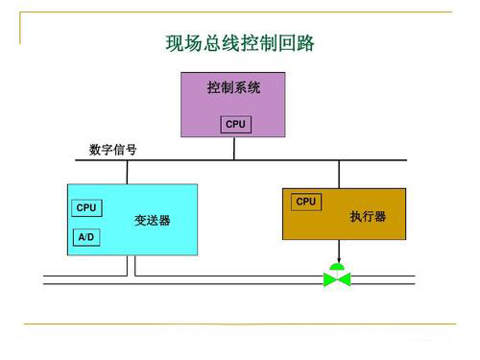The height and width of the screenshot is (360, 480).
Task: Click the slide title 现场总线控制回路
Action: pos(240,44)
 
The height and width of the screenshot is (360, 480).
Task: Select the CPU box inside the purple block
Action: pos(235,125)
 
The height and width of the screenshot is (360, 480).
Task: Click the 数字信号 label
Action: pos(112,150)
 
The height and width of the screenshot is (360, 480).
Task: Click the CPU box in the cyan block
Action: pos(86,207)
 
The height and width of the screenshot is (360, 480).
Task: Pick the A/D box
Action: pos(86,235)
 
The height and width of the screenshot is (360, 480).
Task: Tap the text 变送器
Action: pos(152,221)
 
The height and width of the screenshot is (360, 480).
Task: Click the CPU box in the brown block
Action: pos(306,202)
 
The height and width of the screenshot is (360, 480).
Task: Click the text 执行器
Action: pos(368,217)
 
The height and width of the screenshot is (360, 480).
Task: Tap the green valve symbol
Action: pos(337,279)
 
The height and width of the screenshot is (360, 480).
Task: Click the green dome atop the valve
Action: pos(337,266)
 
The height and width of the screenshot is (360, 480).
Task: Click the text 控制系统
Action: pos(234,87)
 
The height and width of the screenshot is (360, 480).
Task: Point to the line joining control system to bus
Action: pos(235,148)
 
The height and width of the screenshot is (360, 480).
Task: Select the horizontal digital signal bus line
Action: pos(288,159)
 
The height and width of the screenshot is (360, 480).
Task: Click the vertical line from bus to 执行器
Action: pos(338,174)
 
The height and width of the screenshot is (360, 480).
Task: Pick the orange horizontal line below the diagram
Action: pos(240,324)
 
